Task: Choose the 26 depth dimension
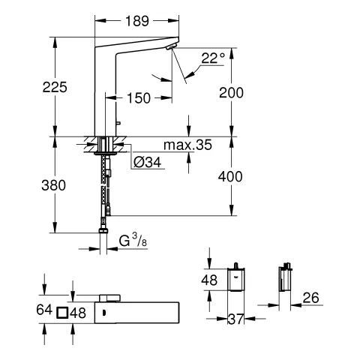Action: pos(310,298)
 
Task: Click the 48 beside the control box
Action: pos(211,280)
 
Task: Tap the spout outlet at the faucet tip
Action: pos(172,47)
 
